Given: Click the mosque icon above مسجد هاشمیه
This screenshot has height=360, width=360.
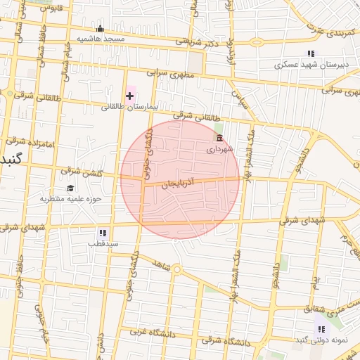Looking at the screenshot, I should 100,29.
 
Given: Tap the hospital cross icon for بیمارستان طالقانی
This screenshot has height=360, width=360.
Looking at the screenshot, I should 129,95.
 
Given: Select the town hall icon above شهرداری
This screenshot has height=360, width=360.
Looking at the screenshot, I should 219,139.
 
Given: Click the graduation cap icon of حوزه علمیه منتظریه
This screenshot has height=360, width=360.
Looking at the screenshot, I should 70,188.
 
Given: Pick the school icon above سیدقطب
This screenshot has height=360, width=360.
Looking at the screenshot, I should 103,233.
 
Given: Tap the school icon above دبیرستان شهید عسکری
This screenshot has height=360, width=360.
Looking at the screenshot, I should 310,53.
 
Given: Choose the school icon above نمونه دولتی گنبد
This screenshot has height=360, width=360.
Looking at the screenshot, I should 321,329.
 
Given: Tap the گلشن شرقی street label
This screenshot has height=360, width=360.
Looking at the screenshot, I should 82,172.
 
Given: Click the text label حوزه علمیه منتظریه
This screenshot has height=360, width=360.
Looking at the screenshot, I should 70,199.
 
